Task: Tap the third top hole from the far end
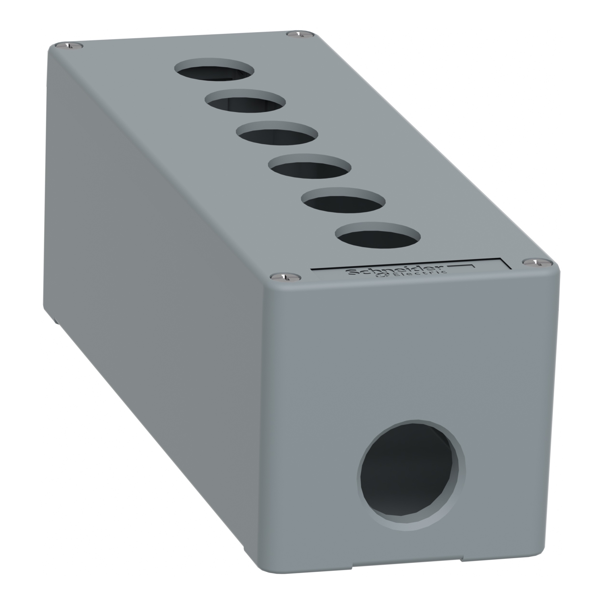tap(277, 134)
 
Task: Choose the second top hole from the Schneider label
tap(342, 199)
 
